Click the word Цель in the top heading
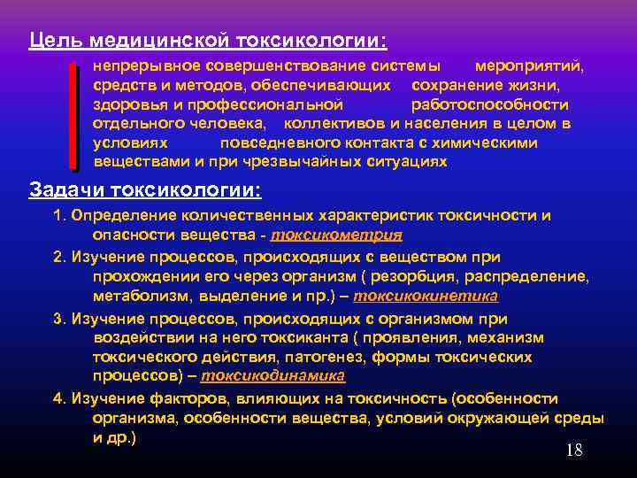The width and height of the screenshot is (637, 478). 50,42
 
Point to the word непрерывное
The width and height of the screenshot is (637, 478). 146,67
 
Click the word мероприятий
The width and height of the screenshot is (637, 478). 529,67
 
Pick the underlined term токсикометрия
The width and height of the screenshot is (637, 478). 336,235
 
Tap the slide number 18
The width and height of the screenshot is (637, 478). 573,451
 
